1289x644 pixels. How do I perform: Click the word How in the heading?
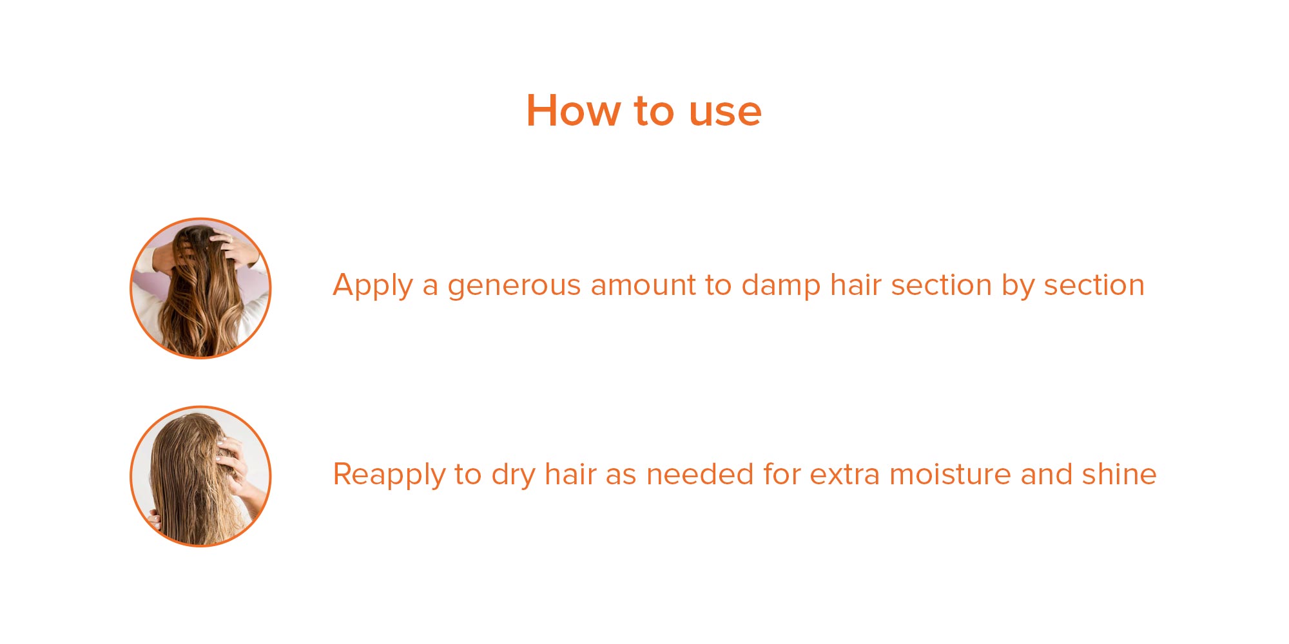tap(573, 110)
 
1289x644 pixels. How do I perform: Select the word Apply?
tap(373, 285)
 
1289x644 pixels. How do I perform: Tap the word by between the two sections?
tap(1018, 285)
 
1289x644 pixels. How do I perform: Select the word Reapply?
tap(389, 475)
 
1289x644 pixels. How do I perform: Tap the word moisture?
tap(950, 474)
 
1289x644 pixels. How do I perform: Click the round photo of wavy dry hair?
tap(200, 288)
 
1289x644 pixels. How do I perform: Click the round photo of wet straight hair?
tap(200, 476)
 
